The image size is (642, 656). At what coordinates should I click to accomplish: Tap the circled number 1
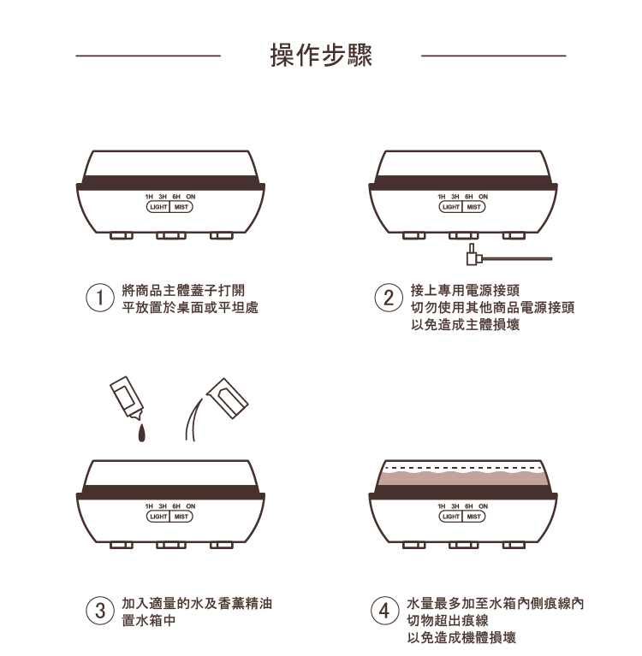tap(101, 298)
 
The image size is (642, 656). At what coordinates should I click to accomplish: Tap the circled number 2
tap(389, 298)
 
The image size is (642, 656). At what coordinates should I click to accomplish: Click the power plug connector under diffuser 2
tap(470, 255)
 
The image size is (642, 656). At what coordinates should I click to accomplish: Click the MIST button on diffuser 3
tap(181, 516)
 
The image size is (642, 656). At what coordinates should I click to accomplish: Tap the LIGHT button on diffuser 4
tap(449, 516)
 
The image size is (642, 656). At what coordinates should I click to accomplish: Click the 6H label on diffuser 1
tap(175, 198)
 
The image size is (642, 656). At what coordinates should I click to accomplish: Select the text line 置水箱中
tap(149, 620)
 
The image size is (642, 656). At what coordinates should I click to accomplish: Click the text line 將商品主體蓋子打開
tap(188, 291)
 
